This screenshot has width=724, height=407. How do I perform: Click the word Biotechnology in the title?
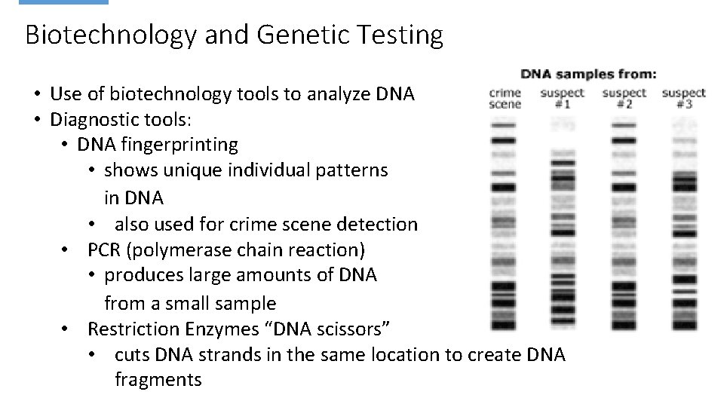105,35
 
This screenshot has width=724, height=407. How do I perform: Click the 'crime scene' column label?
505,98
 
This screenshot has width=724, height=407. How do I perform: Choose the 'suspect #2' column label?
624,98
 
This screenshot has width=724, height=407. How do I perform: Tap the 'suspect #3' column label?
683,98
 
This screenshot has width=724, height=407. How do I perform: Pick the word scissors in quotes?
352,329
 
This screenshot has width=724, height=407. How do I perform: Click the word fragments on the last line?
158,379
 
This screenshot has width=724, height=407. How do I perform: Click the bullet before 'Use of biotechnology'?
36,95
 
